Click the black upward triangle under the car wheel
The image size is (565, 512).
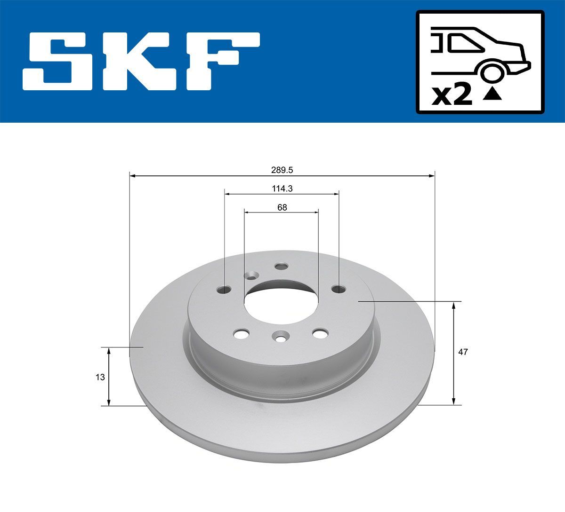493,95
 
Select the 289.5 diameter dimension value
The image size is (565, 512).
282,169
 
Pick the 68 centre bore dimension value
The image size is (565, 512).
282,207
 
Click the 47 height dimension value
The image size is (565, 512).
463,352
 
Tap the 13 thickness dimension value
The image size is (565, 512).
99,377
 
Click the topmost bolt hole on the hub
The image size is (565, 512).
281,267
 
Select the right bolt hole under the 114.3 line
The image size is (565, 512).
337,289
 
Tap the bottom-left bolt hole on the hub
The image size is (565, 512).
242,334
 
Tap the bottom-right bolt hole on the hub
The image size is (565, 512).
320,333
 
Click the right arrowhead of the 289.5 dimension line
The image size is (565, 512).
431,176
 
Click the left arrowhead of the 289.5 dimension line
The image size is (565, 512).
132,176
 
